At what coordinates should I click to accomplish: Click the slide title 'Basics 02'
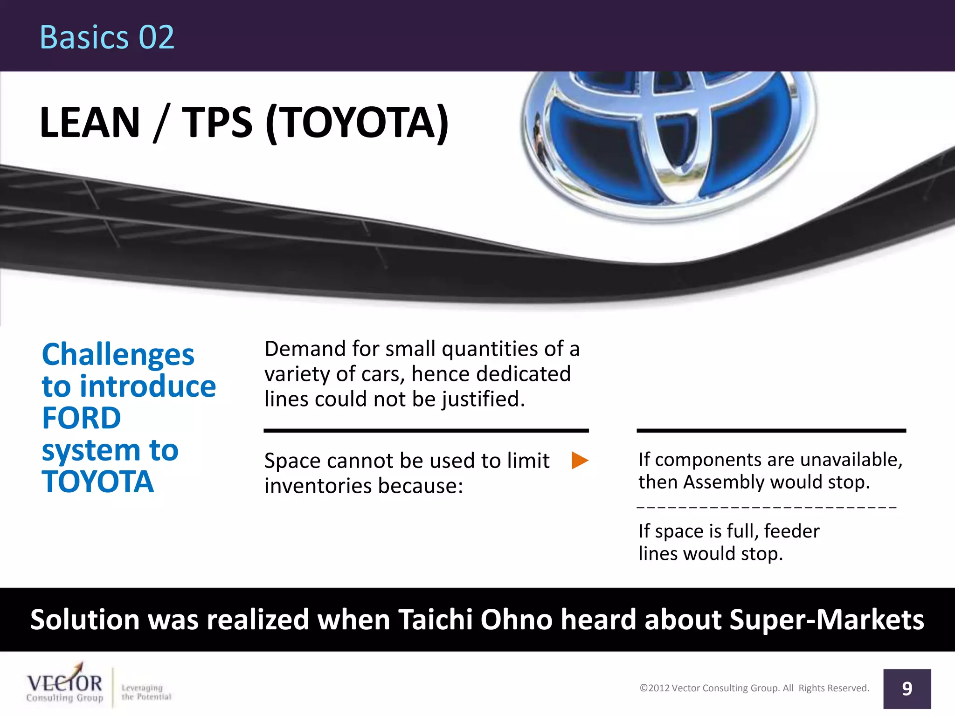(x=107, y=37)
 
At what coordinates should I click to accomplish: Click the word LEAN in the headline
(x=90, y=123)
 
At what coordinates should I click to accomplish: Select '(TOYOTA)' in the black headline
(x=357, y=123)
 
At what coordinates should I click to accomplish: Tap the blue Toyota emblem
(x=669, y=140)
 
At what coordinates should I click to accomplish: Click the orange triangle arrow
(x=580, y=461)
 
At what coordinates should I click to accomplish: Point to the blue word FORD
(x=82, y=418)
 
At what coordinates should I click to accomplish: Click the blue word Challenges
(x=118, y=355)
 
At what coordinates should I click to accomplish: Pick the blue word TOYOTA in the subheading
(x=98, y=482)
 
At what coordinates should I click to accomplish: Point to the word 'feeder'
(x=791, y=531)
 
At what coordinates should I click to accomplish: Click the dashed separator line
(x=766, y=507)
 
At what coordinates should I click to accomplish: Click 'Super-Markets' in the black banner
(x=826, y=620)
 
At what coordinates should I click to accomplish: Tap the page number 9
(x=907, y=689)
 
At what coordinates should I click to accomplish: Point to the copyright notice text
(x=754, y=688)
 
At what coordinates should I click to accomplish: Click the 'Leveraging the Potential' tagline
(x=146, y=692)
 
